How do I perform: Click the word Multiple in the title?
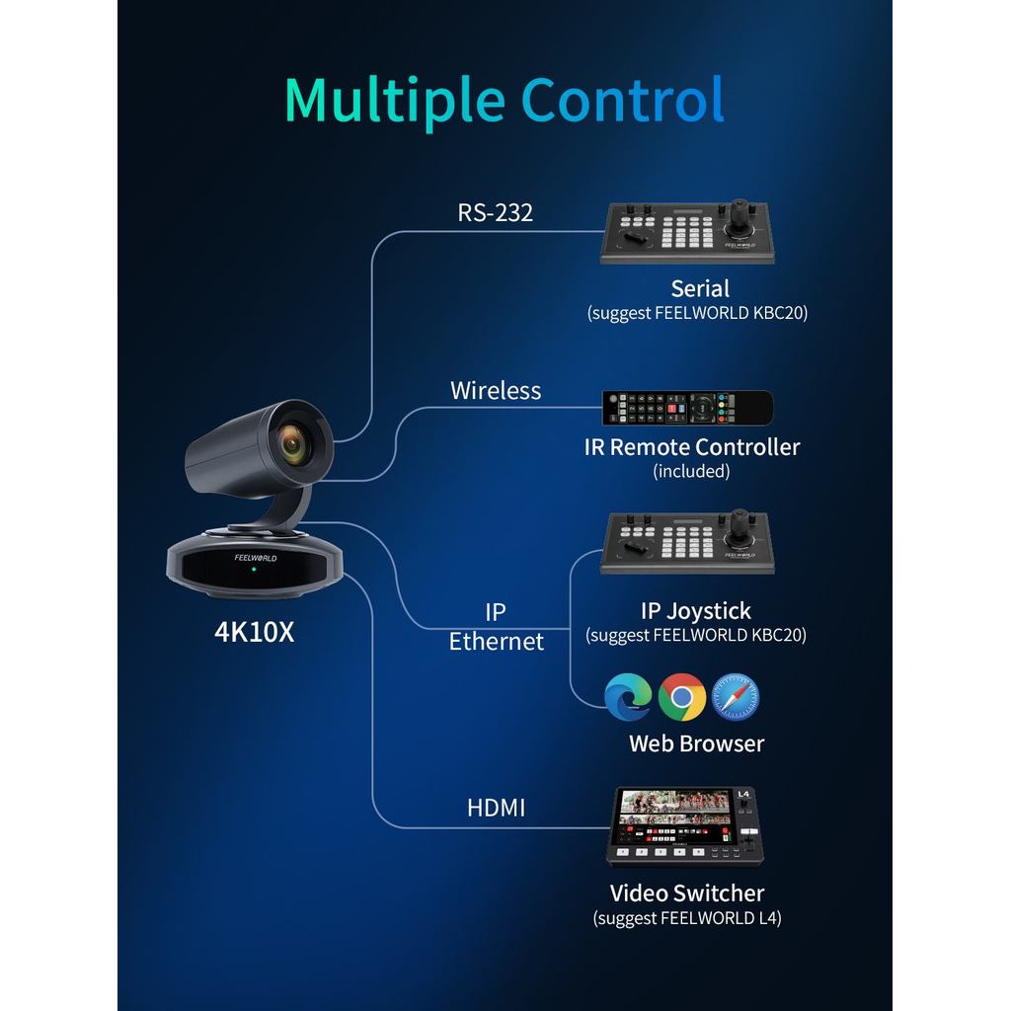pyautogui.click(x=395, y=101)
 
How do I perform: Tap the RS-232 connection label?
pyautogui.click(x=495, y=212)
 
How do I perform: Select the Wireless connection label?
pyautogui.click(x=496, y=390)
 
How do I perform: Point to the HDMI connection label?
pyautogui.click(x=496, y=808)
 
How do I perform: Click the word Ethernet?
pyautogui.click(x=497, y=642)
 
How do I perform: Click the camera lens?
pyautogui.click(x=293, y=445)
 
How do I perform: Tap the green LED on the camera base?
pyautogui.click(x=255, y=570)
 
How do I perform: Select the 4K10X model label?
pyautogui.click(x=255, y=632)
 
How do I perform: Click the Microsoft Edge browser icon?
pyautogui.click(x=629, y=697)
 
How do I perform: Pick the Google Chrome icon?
pyautogui.click(x=682, y=697)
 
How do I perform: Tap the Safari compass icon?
pyautogui.click(x=736, y=697)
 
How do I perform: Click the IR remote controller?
pyautogui.click(x=687, y=407)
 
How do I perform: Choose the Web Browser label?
pyautogui.click(x=696, y=743)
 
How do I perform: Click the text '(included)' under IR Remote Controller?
pyautogui.click(x=691, y=472)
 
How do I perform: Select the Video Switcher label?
pyautogui.click(x=687, y=894)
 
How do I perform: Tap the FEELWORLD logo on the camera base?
pyautogui.click(x=256, y=558)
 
